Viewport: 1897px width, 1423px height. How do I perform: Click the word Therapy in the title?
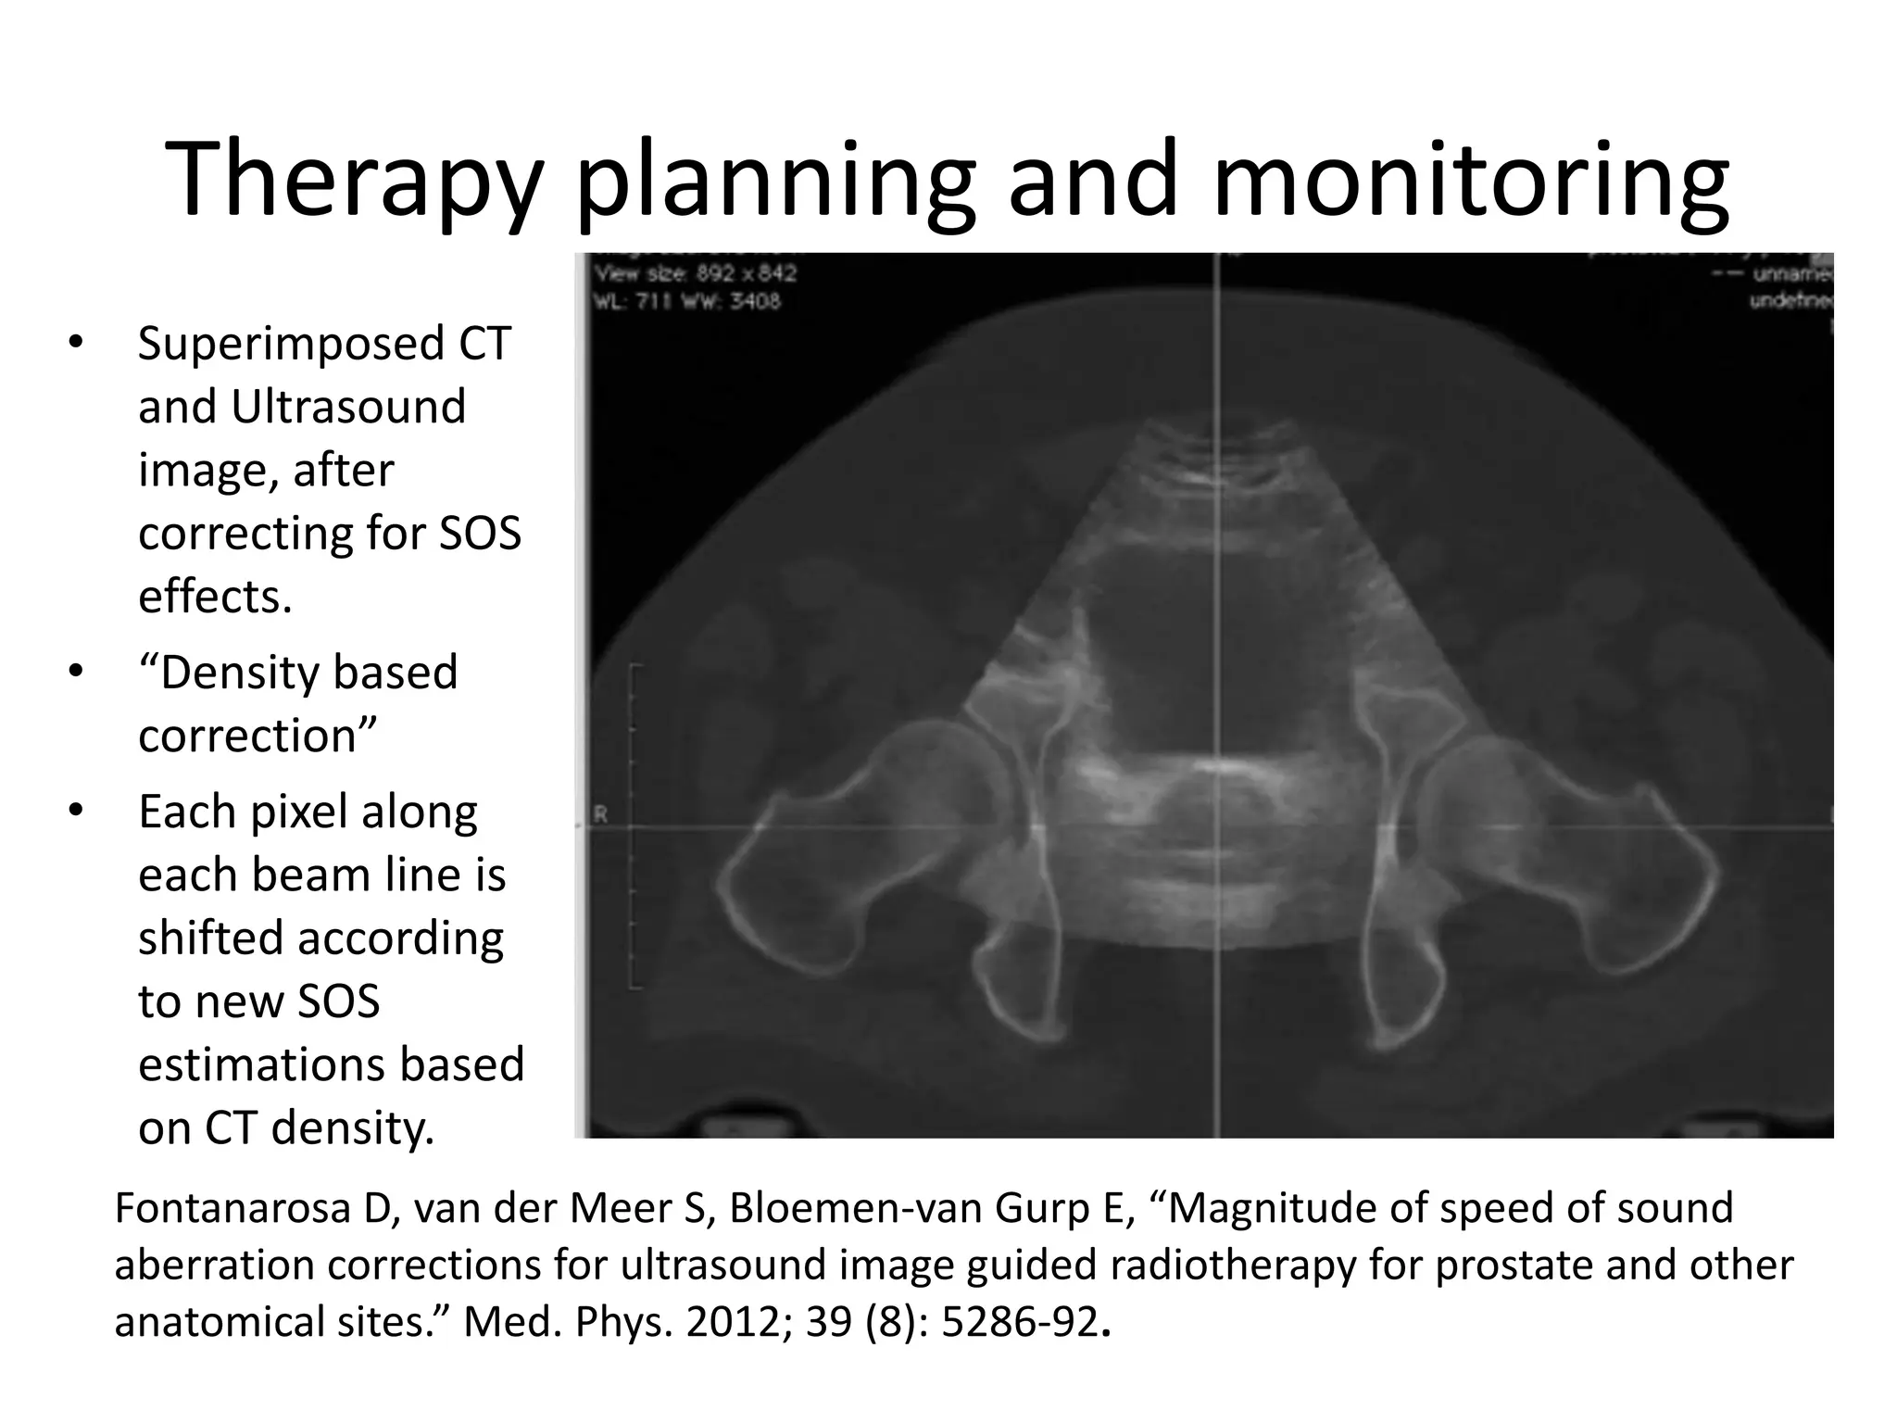(352, 181)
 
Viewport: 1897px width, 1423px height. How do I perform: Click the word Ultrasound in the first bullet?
(347, 407)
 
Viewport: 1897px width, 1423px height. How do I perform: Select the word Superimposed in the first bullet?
(291, 344)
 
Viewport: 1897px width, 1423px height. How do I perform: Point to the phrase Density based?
(298, 673)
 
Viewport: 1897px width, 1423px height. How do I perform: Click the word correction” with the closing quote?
(258, 736)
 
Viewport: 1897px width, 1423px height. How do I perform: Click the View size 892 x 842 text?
(695, 274)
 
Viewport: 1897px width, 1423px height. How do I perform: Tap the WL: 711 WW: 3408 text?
(686, 301)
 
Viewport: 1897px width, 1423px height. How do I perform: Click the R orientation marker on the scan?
(600, 815)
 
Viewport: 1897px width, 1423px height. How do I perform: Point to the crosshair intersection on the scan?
(1217, 825)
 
